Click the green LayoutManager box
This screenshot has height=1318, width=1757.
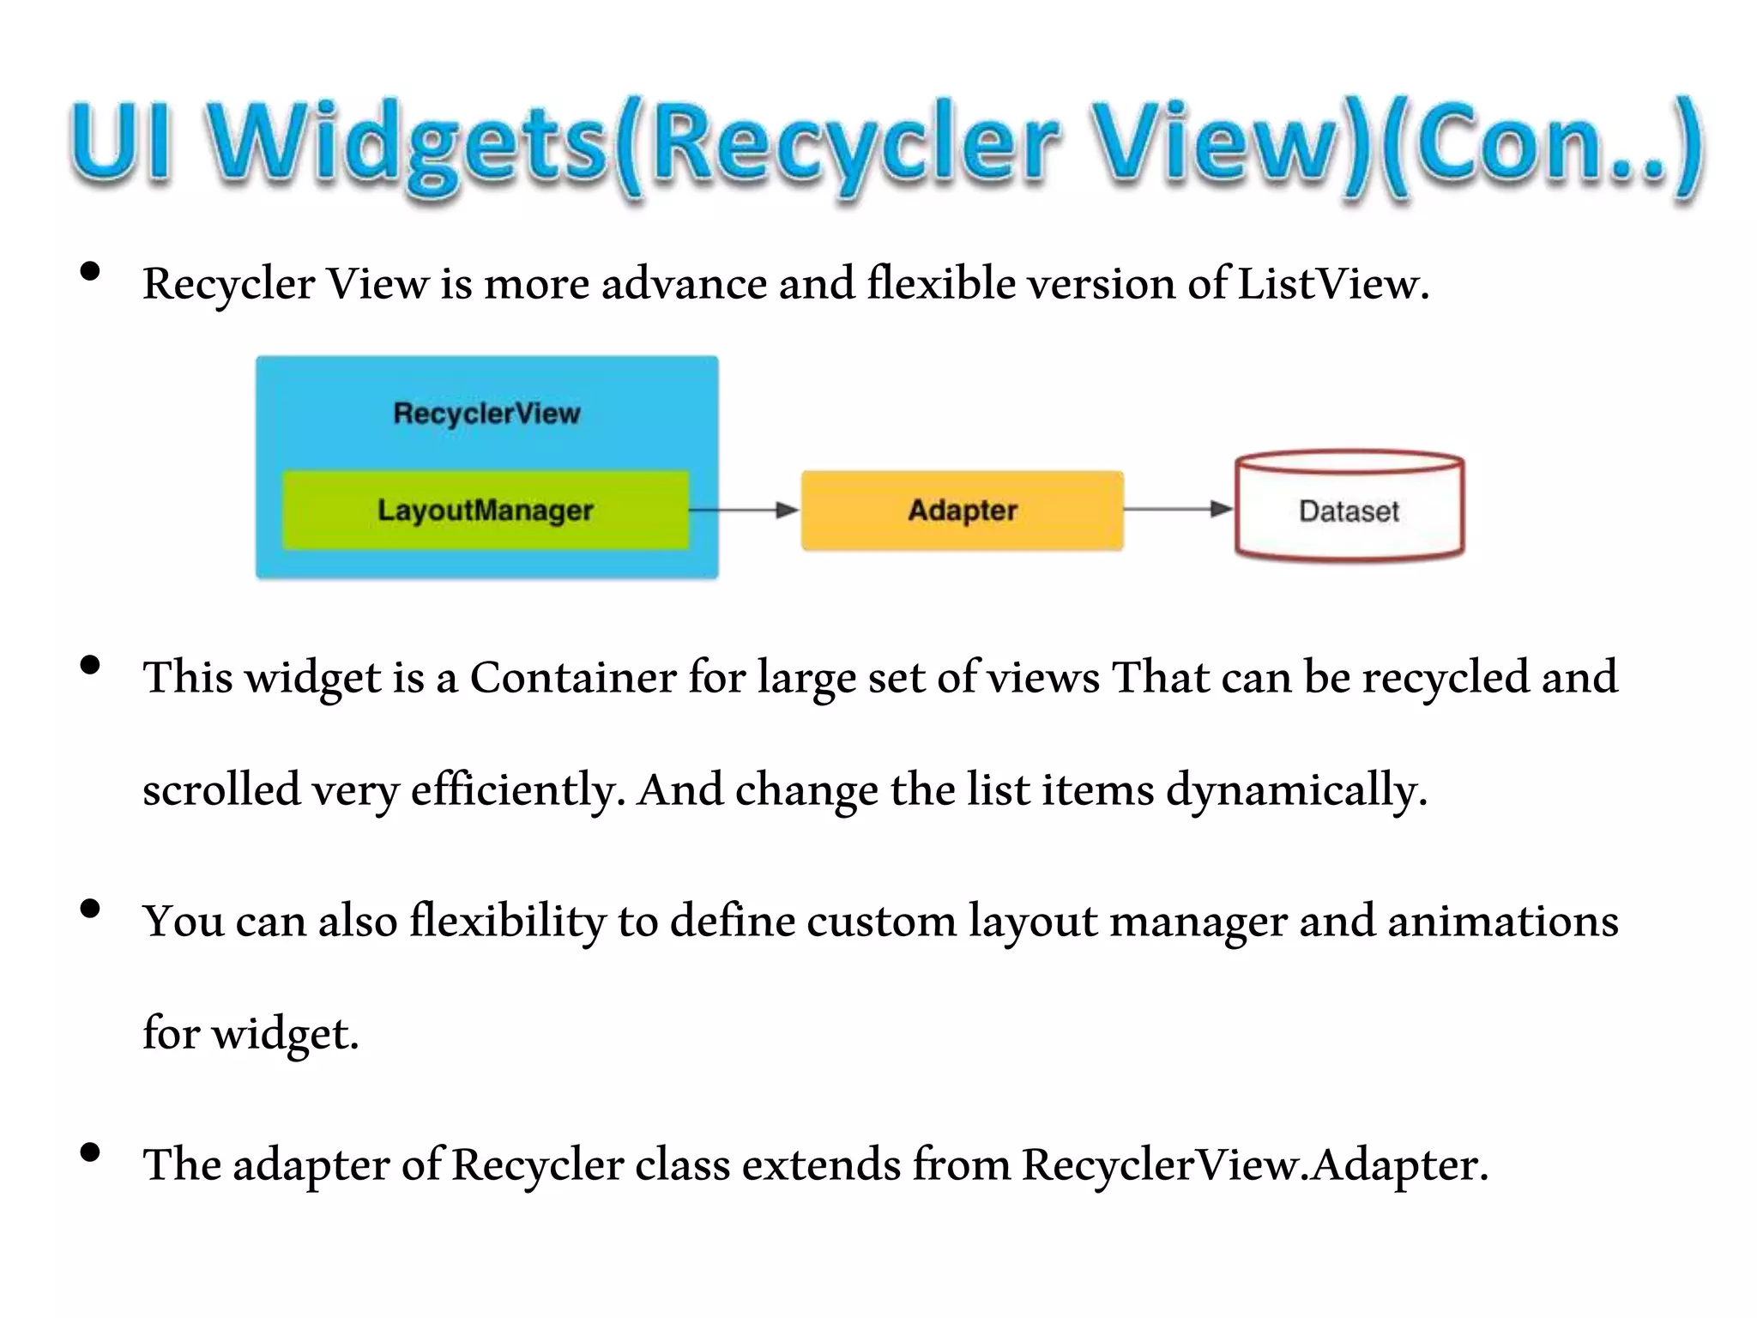click(486, 510)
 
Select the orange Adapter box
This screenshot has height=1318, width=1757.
click(962, 510)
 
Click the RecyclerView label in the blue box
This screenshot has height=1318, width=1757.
click(486, 414)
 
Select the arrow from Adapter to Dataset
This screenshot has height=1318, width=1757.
click(1178, 509)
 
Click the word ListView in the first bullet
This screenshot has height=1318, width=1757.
click(1331, 283)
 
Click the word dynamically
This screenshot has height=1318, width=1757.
click(1295, 790)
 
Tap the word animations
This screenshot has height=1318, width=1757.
click(1502, 922)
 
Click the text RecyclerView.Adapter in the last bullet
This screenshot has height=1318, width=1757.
click(1254, 1165)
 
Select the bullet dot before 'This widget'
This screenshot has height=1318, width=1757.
click(90, 666)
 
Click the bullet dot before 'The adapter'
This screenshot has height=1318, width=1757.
click(90, 1153)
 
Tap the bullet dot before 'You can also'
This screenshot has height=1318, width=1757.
click(90, 910)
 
